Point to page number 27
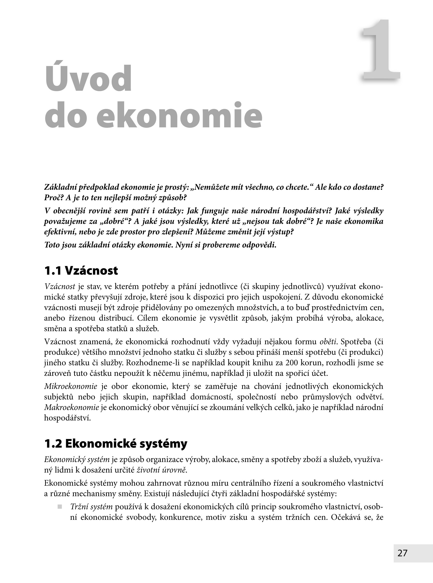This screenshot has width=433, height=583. point(402,553)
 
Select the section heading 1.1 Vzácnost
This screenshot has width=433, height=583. point(81,271)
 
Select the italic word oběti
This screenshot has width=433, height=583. point(328,342)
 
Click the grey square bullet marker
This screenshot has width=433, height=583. point(60,507)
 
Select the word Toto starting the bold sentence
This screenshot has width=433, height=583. point(52,245)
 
